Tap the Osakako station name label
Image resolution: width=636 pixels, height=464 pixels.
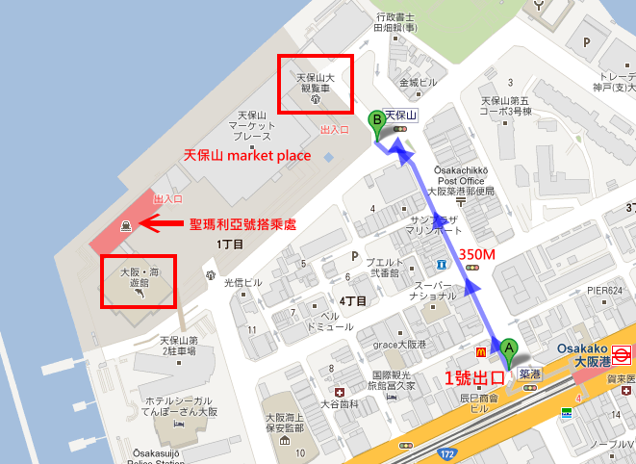[583, 349]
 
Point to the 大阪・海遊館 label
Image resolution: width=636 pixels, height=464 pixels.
[140, 277]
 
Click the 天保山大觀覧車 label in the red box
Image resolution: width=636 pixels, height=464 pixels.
[315, 81]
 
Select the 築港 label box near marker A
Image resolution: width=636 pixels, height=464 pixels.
[527, 371]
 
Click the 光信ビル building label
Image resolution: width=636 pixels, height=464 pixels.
[242, 283]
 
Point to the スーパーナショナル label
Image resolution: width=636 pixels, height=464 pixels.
[431, 291]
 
